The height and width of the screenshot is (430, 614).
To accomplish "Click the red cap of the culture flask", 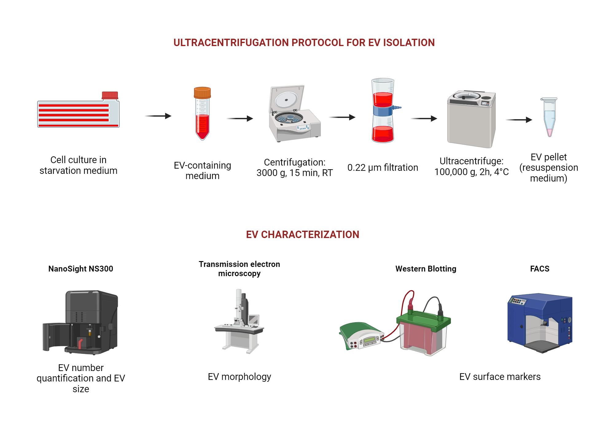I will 110,95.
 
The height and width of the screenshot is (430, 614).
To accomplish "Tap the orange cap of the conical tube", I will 202,92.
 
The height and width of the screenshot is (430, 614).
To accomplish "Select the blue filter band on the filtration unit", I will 383,111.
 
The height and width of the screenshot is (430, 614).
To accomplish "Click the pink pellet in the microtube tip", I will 550,133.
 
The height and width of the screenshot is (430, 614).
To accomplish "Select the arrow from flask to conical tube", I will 158,116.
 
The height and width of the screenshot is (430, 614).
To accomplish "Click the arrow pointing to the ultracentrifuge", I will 424,118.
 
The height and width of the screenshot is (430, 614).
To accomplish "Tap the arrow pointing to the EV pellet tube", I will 519,120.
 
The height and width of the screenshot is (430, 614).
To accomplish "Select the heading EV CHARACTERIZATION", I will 302,235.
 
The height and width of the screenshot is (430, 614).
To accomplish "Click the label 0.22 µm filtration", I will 383,168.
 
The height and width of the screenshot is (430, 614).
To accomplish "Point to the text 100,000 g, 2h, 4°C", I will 471,172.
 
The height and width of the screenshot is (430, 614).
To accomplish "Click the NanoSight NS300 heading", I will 81,269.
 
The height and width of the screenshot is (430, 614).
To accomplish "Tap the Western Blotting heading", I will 426,269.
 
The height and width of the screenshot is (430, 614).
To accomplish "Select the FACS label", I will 539,269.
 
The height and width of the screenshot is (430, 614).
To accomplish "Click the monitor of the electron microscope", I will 254,319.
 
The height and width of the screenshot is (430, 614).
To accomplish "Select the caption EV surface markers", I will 500,377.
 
